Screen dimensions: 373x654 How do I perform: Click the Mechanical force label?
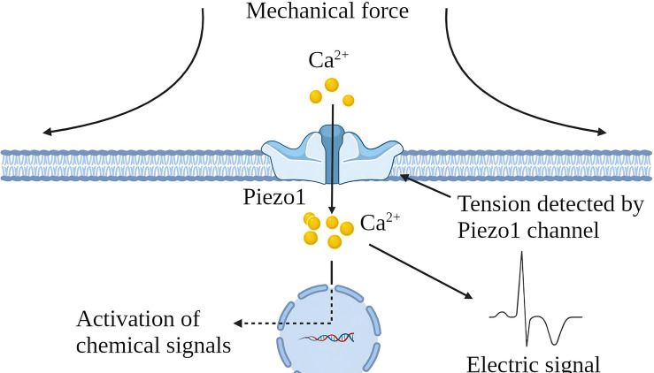tap(327, 12)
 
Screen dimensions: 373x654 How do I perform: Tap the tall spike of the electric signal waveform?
tap(523, 265)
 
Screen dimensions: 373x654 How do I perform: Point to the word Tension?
tap(492, 204)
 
